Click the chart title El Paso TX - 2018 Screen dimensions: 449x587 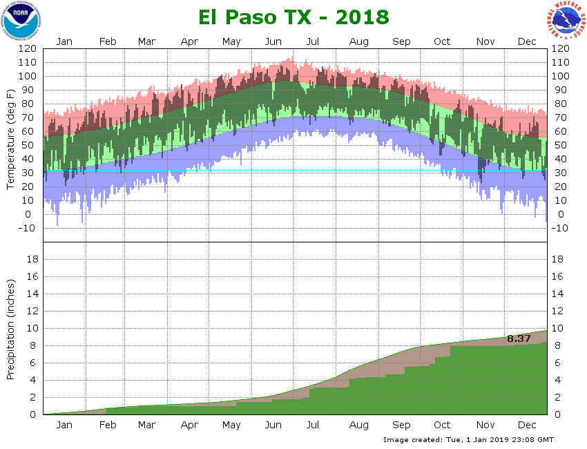[293, 17]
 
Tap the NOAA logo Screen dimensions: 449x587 [21, 21]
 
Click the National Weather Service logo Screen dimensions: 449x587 [567, 21]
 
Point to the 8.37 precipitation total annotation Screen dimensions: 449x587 [519, 338]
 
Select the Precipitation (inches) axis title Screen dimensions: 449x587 [11, 329]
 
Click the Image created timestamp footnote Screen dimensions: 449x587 [468, 439]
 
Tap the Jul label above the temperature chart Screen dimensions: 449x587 [312, 41]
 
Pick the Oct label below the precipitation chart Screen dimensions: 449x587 [442, 425]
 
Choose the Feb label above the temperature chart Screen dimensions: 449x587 [108, 41]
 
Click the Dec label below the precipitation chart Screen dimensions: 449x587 [527, 425]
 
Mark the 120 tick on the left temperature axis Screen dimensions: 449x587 [28, 49]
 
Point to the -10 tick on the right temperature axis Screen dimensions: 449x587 [560, 228]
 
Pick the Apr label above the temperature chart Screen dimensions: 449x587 [189, 41]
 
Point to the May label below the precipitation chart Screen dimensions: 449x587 [231, 425]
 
